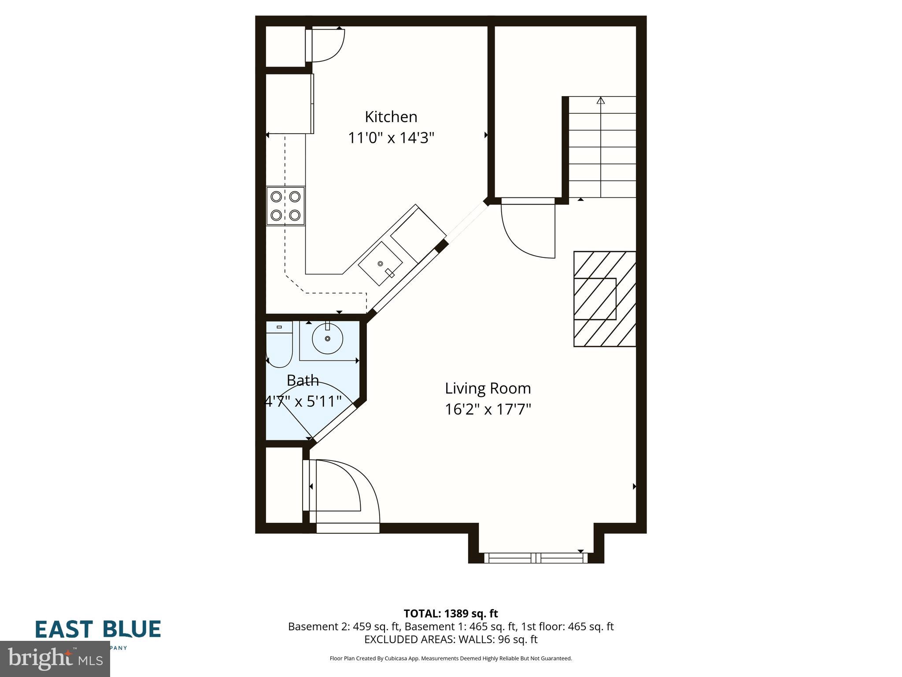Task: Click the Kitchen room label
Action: click(391, 117)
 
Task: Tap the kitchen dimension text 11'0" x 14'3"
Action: click(391, 138)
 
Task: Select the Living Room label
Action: click(488, 388)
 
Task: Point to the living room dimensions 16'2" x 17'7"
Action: click(488, 409)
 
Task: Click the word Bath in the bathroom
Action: click(303, 380)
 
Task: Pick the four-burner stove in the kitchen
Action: click(285, 206)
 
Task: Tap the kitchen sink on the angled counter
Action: click(381, 264)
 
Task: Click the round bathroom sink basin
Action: click(327, 338)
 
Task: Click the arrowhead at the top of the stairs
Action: click(600, 100)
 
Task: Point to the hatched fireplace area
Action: click(604, 299)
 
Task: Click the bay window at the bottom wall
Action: click(536, 558)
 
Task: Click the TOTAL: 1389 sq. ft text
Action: click(451, 614)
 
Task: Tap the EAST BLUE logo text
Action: click(98, 629)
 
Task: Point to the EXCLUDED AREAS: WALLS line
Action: click(451, 640)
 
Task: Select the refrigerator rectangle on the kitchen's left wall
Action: click(289, 104)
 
